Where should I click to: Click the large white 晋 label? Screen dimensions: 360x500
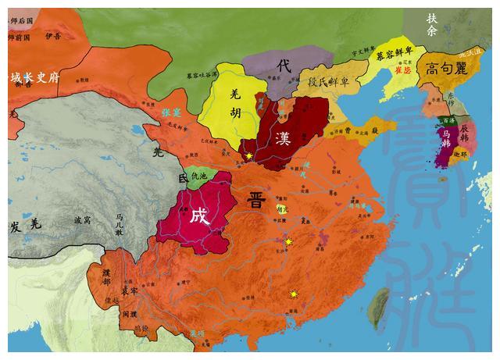[x=255, y=196]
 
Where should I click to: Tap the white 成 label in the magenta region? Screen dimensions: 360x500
[x=200, y=216]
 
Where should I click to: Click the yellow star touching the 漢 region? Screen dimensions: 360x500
[x=248, y=157]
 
